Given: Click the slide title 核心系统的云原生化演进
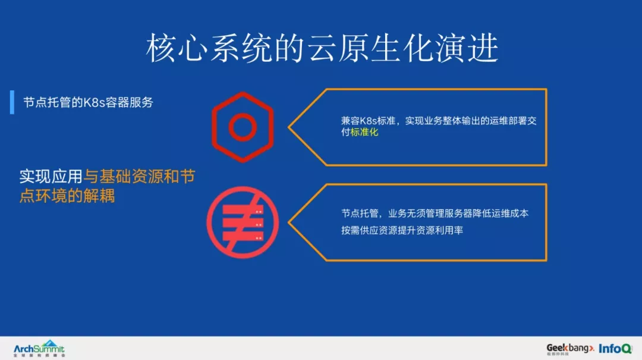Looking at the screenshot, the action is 323,48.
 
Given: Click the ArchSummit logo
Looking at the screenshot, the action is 39,349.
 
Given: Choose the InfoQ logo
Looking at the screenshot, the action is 615,349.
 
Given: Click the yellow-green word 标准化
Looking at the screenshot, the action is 364,132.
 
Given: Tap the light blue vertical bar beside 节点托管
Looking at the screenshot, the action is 12,102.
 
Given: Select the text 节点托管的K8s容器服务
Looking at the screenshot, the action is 88,102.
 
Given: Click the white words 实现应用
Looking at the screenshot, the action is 51,176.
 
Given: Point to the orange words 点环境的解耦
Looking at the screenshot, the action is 67,196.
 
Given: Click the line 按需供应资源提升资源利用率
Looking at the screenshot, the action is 402,230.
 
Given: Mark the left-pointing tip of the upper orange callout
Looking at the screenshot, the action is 289,127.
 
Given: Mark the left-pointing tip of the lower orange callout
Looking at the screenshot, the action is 289,222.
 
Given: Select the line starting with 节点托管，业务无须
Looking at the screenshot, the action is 435,213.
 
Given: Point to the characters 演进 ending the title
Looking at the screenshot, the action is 467,48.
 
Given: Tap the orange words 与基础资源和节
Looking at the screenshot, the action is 140,176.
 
